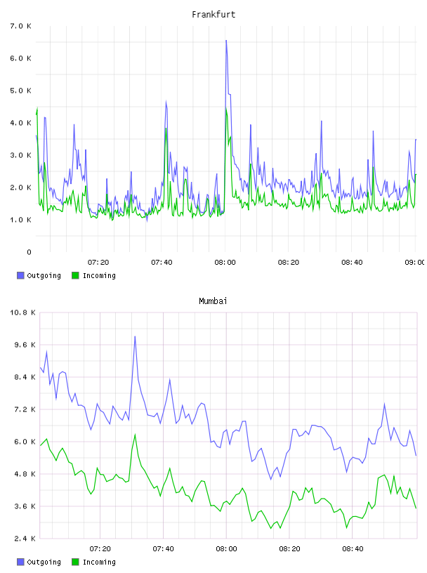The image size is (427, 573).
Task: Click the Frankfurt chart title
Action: (x=213, y=15)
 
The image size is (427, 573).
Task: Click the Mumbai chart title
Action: (x=213, y=301)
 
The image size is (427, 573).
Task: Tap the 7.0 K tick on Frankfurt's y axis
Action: (x=21, y=26)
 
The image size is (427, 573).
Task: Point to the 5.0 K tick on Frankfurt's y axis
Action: (x=21, y=91)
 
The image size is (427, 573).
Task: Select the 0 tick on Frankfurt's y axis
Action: (x=29, y=252)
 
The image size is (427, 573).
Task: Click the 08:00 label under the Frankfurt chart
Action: (x=225, y=263)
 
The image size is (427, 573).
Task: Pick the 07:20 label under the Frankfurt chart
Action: (x=98, y=263)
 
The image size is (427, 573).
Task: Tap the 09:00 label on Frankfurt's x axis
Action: (x=414, y=263)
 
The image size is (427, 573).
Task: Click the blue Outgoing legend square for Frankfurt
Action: (x=20, y=275)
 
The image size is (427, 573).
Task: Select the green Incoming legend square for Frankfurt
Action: (x=75, y=275)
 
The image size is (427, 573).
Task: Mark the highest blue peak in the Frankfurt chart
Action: (x=226, y=41)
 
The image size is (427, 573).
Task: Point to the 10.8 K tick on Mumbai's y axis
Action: (x=22, y=312)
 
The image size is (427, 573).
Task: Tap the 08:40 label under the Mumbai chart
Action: (x=353, y=549)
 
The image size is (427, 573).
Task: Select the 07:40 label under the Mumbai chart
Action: (x=163, y=549)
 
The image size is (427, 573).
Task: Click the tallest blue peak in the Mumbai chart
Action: (x=135, y=336)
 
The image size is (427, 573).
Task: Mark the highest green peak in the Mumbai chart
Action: (x=136, y=435)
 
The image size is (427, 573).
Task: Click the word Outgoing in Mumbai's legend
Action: (x=44, y=562)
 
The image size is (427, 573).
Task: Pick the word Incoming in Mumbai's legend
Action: (x=99, y=562)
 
